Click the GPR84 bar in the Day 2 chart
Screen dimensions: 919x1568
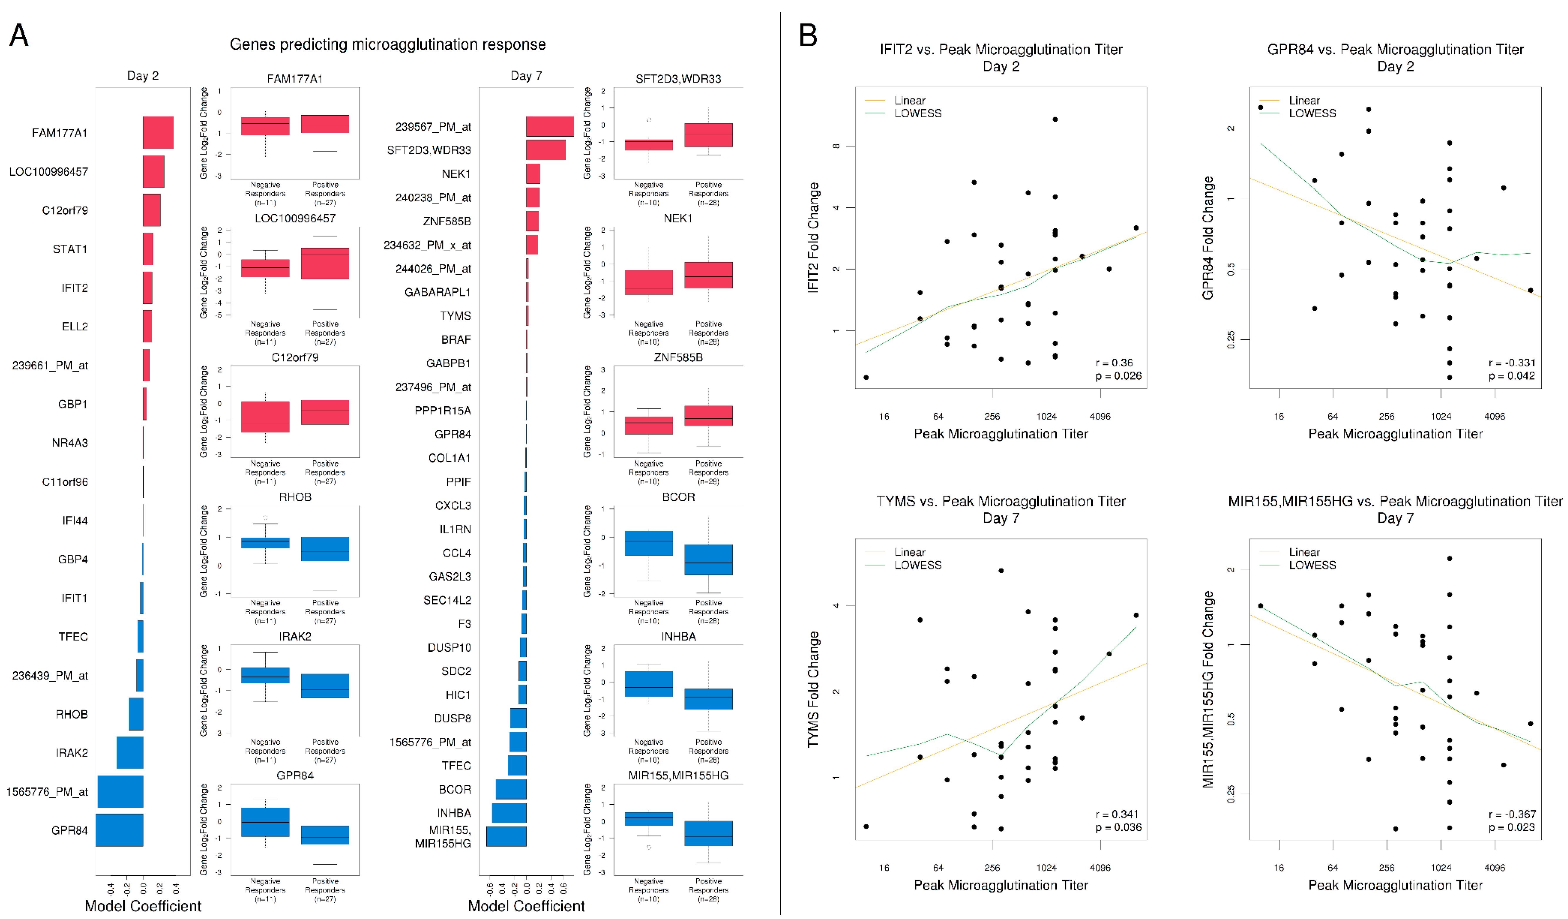pyautogui.click(x=120, y=830)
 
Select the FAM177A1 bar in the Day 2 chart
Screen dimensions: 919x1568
pyautogui.click(x=158, y=133)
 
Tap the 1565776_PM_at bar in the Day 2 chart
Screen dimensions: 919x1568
pyautogui.click(x=121, y=791)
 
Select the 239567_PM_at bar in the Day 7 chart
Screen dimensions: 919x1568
pyautogui.click(x=549, y=126)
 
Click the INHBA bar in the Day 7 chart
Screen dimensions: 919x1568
pyautogui.click(x=509, y=813)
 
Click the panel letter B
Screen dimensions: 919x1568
pyautogui.click(x=808, y=36)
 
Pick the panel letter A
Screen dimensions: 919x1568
pyautogui.click(x=19, y=36)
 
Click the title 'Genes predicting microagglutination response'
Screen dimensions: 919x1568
pyautogui.click(x=388, y=44)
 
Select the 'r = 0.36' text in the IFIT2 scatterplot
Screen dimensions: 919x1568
pyautogui.click(x=1114, y=362)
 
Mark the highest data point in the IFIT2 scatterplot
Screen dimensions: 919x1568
pyautogui.click(x=1055, y=119)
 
